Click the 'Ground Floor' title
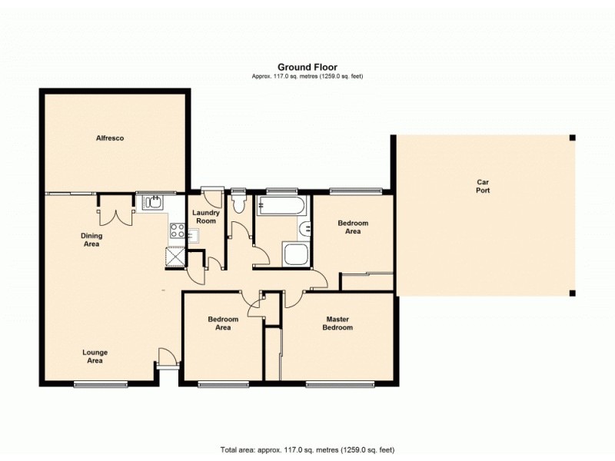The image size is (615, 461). pos(307,67)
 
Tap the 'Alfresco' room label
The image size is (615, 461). pos(110,138)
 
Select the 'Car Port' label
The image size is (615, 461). pos(482,186)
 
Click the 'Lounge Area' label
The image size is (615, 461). pos(95,356)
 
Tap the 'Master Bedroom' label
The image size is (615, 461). pos(338,323)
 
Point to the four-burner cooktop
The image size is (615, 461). pos(176,230)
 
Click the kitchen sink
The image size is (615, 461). pos(151,202)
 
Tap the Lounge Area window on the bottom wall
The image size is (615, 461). pos(99,383)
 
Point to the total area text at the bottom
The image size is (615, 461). pos(307,449)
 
